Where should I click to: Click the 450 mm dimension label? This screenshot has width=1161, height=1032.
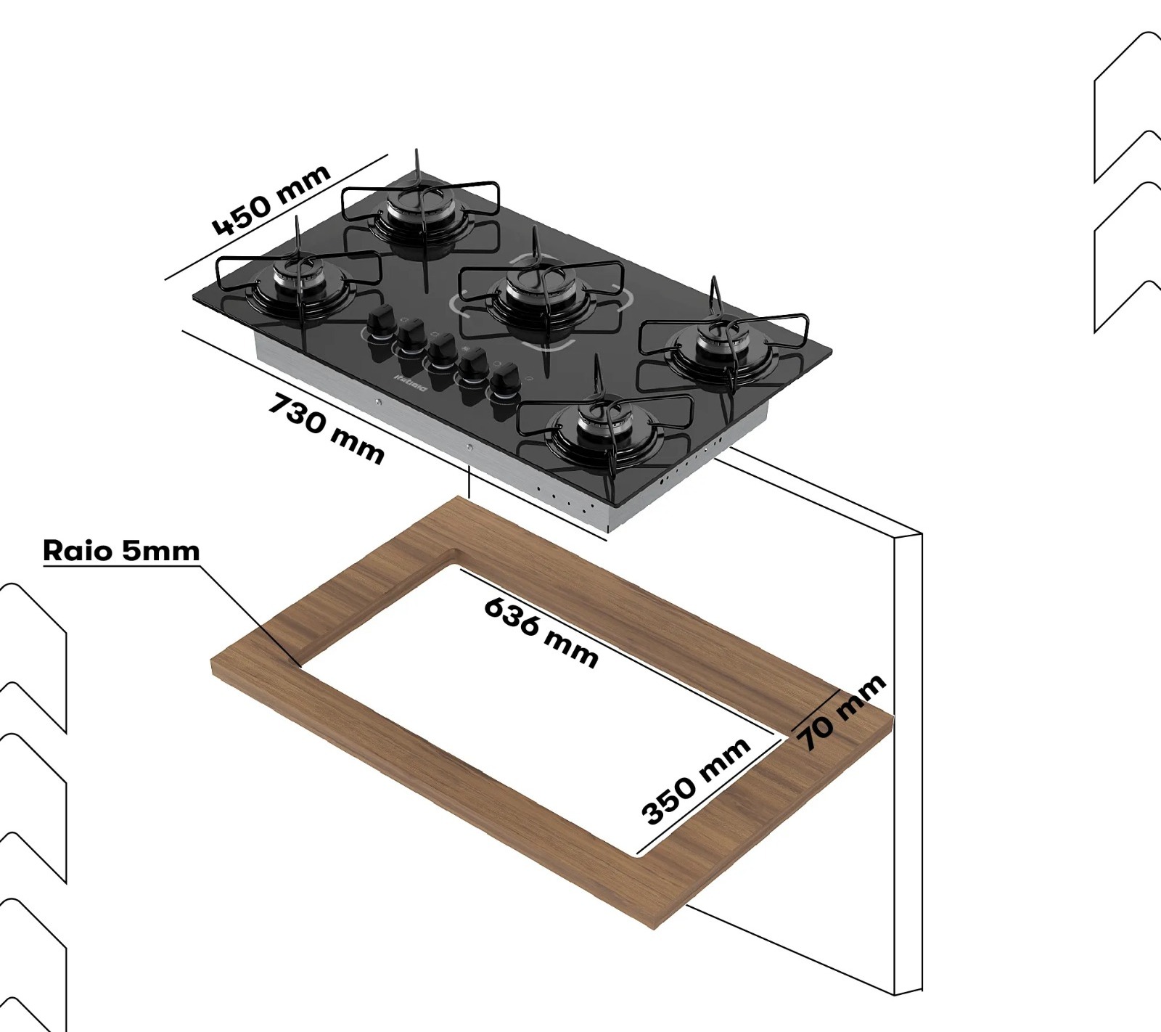coord(271,200)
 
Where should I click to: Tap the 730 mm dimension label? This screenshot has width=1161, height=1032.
coord(326,428)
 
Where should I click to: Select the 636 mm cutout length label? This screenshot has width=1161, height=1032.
coord(541,631)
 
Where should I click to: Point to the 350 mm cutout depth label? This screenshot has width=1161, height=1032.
coord(695,781)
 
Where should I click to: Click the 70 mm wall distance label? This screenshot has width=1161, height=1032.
coord(842,711)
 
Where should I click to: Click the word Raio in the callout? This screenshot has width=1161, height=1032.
coord(78,550)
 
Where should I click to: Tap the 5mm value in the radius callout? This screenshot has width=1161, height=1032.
coord(160,550)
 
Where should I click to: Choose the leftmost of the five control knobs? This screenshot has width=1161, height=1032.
coord(382,320)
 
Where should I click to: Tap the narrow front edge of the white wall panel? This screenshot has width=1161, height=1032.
coord(908,762)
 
